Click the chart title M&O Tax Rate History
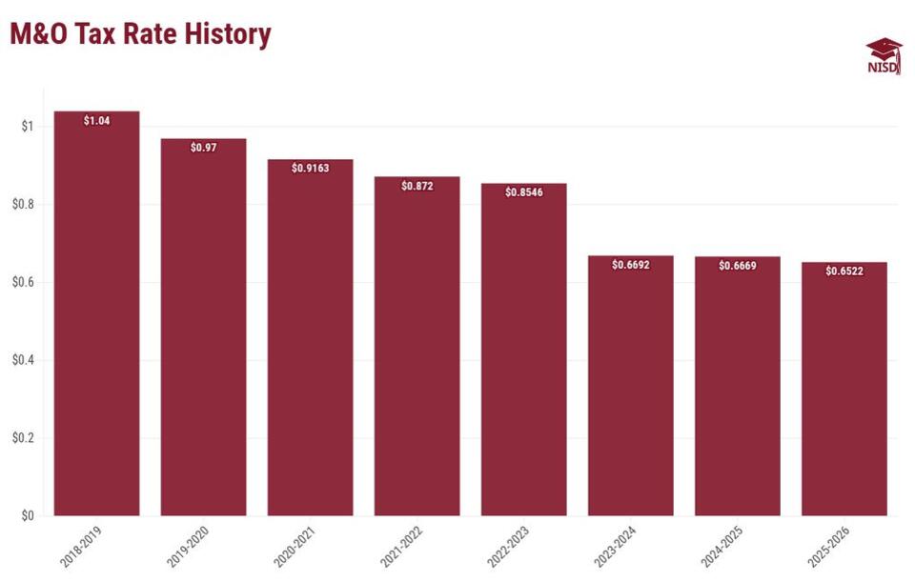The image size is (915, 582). (141, 34)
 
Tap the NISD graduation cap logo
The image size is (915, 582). (884, 56)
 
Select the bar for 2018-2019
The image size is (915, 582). (97, 313)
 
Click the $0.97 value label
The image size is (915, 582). (204, 148)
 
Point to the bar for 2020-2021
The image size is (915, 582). (311, 337)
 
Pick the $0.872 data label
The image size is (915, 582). (417, 186)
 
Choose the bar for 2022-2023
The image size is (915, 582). (524, 350)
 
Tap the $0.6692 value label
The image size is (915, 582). (631, 265)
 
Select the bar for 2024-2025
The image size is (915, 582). (738, 386)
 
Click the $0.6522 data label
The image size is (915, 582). (844, 271)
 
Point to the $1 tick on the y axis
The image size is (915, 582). (28, 126)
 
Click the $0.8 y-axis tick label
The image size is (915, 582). (23, 204)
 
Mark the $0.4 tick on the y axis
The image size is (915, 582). (23, 360)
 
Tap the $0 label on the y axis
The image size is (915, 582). (28, 515)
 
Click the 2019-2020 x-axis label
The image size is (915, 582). (188, 547)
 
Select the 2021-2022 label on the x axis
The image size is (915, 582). (401, 547)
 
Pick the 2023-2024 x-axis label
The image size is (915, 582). (615, 547)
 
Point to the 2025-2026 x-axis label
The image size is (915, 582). (828, 547)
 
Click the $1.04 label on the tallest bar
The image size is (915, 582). (97, 121)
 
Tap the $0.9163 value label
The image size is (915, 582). (311, 168)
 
